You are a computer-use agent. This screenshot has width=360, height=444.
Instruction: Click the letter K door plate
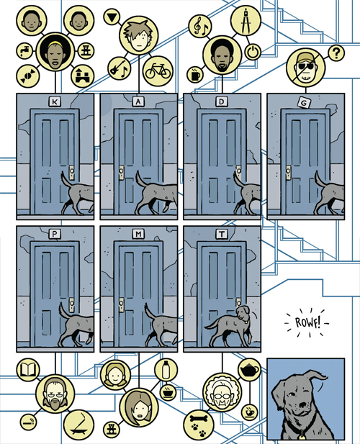click(55, 101)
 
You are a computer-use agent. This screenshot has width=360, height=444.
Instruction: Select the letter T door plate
click(222, 234)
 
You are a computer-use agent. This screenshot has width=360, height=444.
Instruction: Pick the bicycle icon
click(158, 71)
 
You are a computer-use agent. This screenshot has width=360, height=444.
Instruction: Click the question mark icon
click(336, 53)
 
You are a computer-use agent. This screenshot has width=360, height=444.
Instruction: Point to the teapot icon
click(249, 369)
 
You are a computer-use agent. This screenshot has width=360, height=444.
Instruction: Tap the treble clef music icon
click(201, 26)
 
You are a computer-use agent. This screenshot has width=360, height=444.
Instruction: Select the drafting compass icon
click(246, 21)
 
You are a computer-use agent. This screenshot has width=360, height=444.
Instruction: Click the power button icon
click(253, 52)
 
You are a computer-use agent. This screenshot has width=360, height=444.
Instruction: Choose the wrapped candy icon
click(28, 76)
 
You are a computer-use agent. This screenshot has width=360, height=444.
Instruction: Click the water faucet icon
click(25, 51)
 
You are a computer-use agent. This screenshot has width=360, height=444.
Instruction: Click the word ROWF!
click(307, 322)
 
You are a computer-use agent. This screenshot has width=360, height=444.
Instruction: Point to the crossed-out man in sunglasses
click(305, 68)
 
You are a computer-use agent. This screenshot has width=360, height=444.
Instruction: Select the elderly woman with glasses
click(222, 393)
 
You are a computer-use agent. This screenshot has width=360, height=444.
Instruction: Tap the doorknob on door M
click(122, 304)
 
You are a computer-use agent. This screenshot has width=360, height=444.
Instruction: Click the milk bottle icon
click(166, 370)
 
